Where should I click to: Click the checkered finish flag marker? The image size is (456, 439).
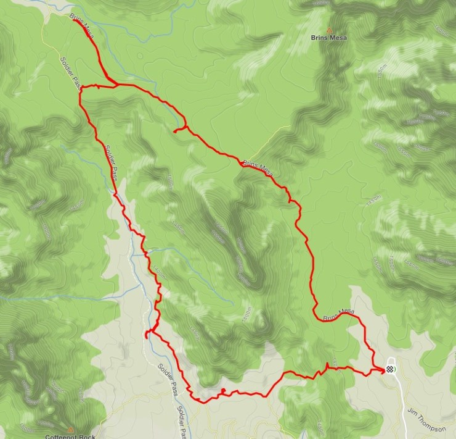[x=390, y=369]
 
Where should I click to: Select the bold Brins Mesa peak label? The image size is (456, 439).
[x=328, y=38]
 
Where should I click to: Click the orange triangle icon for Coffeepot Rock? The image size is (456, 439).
[x=70, y=429]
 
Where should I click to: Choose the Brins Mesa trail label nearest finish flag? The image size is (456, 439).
[x=338, y=314]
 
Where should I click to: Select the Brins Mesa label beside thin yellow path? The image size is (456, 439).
[x=258, y=165]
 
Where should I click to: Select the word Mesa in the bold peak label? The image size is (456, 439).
[x=337, y=38]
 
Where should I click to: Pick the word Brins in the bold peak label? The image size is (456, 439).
[x=319, y=38]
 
